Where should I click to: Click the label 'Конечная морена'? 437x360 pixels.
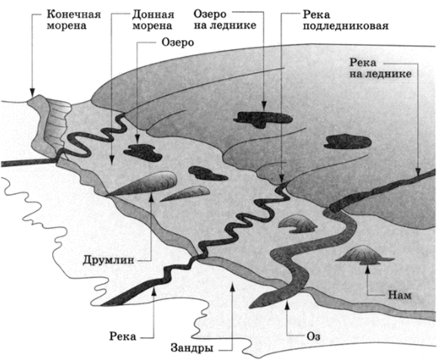click(73, 20)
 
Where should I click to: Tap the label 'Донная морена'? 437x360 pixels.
click(153, 20)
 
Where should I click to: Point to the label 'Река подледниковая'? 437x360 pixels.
click(346, 20)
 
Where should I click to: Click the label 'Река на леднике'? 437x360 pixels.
click(380, 68)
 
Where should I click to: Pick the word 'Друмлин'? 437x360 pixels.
click(108, 260)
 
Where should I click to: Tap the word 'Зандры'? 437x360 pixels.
click(192, 349)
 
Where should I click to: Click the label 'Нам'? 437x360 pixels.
click(400, 295)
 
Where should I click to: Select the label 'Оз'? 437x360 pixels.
click(313, 337)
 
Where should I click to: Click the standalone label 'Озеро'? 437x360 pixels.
click(178, 43)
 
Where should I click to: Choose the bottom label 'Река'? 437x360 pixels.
click(122, 337)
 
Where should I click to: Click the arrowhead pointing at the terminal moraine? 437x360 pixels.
click(33, 93)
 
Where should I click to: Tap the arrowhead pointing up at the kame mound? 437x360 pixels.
click(367, 269)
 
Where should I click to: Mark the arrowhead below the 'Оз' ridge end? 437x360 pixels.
click(287, 305)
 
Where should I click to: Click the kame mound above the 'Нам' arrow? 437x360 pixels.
click(364, 255)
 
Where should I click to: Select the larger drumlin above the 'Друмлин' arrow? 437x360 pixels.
click(142, 183)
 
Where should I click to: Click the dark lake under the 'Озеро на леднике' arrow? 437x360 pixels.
click(262, 119)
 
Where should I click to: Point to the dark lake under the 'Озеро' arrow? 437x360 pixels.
click(142, 152)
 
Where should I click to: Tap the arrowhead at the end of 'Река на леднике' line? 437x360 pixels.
click(418, 172)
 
